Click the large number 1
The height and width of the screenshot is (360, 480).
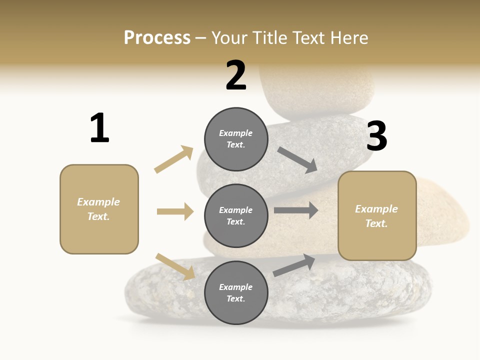click(x=99, y=128)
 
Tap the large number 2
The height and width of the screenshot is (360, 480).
click(x=236, y=75)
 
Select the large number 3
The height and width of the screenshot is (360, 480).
click(x=376, y=136)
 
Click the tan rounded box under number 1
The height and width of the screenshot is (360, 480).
click(x=99, y=209)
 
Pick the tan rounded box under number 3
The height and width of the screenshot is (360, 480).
click(x=377, y=216)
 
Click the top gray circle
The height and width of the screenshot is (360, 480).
click(x=236, y=139)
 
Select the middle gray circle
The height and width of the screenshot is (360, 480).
click(x=236, y=215)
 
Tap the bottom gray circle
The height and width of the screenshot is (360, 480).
click(x=236, y=292)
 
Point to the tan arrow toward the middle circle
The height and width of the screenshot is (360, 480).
click(x=175, y=211)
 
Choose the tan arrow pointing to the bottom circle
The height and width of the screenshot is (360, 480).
click(x=175, y=266)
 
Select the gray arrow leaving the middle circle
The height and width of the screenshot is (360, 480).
click(x=296, y=210)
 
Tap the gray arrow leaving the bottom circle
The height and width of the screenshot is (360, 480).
click(x=294, y=265)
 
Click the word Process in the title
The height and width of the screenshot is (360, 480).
click(x=157, y=37)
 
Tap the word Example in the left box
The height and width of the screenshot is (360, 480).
click(x=98, y=202)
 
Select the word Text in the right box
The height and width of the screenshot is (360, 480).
click(x=376, y=223)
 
